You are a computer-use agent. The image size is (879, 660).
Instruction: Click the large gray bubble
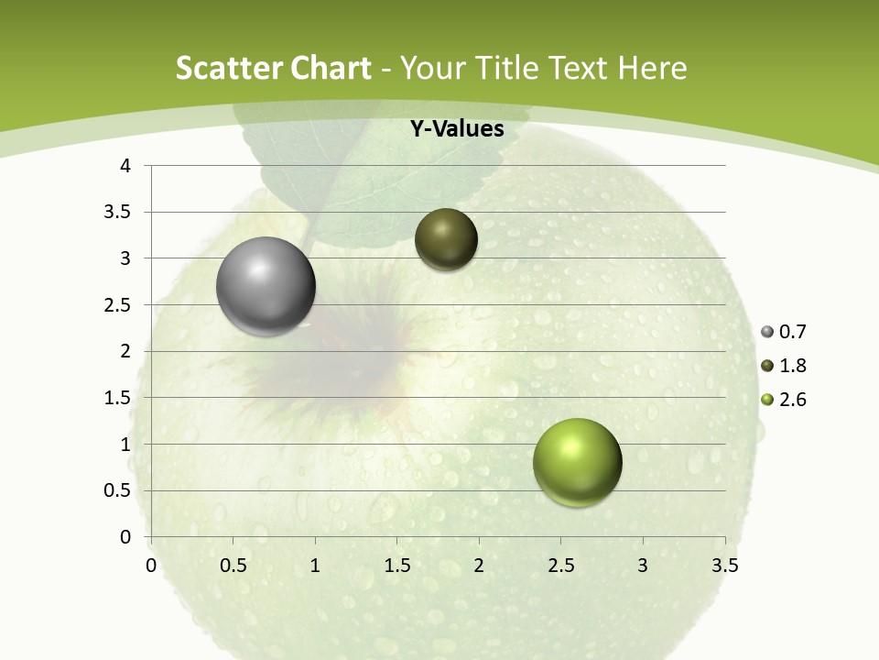(266, 286)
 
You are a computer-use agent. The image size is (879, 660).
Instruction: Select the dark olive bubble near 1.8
(446, 239)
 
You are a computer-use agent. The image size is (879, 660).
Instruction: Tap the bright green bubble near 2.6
(577, 462)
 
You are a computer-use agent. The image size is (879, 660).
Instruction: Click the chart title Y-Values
(457, 129)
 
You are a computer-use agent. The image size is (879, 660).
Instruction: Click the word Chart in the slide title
(331, 68)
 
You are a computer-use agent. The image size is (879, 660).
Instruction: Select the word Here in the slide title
(652, 68)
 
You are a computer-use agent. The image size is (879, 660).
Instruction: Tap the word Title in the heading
(508, 68)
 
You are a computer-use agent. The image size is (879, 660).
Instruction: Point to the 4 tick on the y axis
(125, 166)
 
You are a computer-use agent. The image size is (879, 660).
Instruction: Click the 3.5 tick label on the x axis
(724, 566)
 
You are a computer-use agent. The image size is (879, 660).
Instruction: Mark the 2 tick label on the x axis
(479, 566)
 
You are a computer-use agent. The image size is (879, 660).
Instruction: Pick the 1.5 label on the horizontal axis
(396, 566)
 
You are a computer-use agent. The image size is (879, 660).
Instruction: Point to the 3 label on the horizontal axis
(643, 566)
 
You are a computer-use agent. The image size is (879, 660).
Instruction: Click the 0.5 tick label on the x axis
(233, 566)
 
